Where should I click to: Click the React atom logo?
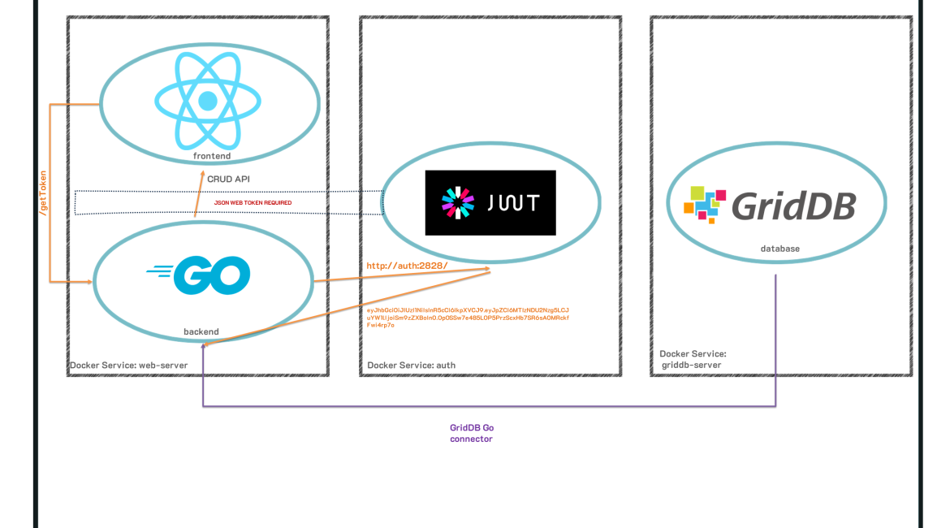pos(208,100)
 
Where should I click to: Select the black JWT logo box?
pos(490,202)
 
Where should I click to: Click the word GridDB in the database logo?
pos(793,206)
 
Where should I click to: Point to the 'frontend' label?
pos(212,154)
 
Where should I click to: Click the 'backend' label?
pos(201,331)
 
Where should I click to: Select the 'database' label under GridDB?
pos(779,249)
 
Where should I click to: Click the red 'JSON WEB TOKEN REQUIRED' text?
pos(253,202)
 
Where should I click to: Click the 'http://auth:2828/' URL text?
pos(407,266)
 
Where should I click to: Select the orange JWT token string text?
pos(468,317)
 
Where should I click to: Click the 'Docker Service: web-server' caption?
pos(129,366)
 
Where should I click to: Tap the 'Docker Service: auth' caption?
pos(411,366)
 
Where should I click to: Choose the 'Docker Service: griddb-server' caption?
pos(693,359)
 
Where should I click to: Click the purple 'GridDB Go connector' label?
pos(472,433)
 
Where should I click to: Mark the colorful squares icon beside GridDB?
pos(704,204)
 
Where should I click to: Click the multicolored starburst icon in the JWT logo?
pos(457,202)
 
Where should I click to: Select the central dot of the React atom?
pos(208,101)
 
